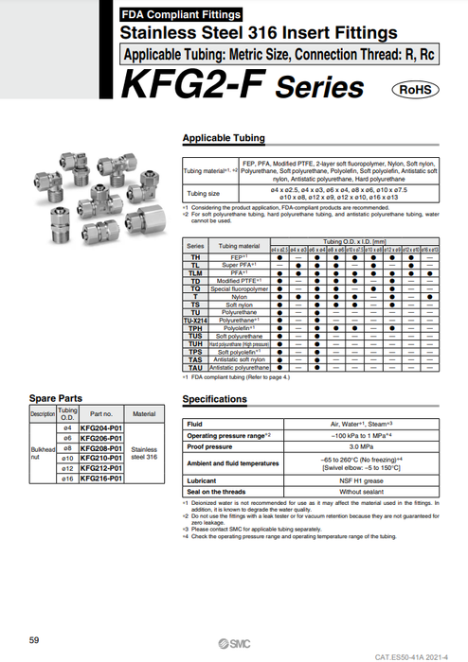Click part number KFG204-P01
click(101, 428)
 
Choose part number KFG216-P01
click(101, 479)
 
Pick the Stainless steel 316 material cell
click(144, 454)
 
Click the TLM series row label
click(194, 273)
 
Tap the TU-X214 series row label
click(194, 321)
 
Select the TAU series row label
click(194, 367)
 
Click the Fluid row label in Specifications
click(195, 423)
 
